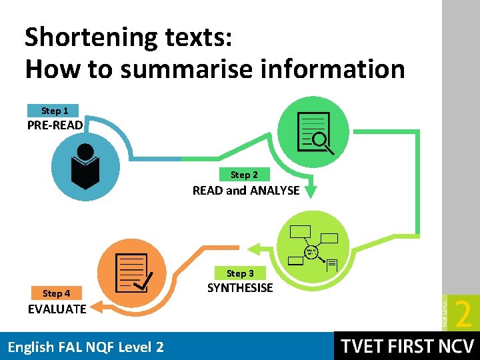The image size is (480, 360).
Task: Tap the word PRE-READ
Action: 55,125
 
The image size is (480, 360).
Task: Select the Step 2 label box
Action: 243,175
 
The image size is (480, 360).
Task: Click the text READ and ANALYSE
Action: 246,191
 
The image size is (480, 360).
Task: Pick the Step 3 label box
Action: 239,273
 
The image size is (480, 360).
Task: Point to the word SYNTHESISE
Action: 240,288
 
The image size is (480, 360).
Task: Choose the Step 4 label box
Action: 56,293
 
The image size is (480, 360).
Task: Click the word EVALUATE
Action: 57,309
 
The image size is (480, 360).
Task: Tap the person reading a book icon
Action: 85,165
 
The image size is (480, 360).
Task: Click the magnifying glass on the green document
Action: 321,140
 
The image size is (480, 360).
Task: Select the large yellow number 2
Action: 461,313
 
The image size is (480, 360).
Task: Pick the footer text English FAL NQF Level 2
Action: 85,347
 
